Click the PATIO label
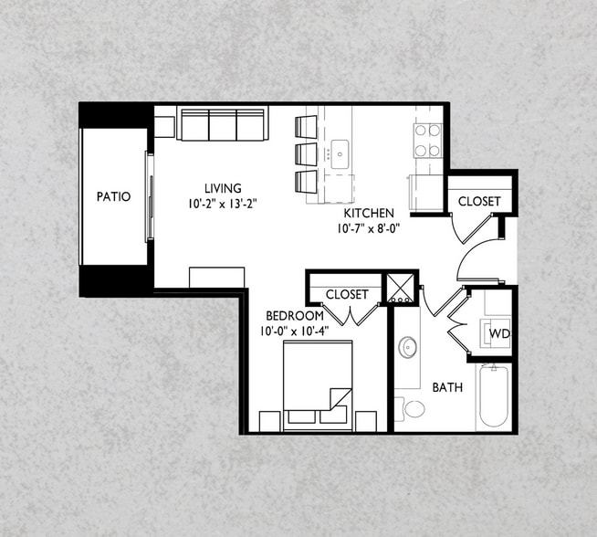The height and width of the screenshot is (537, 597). tap(114, 196)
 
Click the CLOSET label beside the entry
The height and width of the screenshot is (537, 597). tap(478, 201)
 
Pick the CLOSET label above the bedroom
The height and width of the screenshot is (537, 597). tap(347, 294)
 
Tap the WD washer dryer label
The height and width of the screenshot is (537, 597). tap(498, 333)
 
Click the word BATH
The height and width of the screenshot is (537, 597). tap(447, 388)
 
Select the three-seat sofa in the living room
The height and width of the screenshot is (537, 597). tap(223, 124)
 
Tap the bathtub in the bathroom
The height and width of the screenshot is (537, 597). tap(494, 396)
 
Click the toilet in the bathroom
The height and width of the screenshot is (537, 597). tap(410, 407)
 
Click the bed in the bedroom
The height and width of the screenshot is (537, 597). tap(318, 384)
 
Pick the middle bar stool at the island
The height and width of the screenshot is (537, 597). tap(306, 153)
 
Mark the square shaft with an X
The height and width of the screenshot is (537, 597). tap(400, 289)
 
